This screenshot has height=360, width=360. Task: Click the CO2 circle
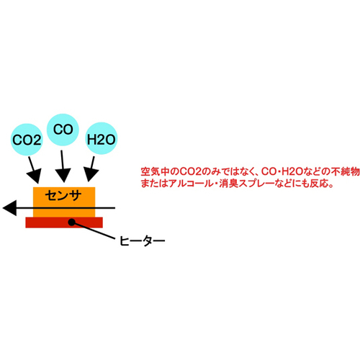point(27,140)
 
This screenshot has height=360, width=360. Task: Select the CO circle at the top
point(63,130)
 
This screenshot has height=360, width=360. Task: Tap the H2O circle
point(101,138)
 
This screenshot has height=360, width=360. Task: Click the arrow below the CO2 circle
point(34,170)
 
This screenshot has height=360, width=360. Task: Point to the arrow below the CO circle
point(63,166)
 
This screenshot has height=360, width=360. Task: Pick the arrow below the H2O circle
point(91,169)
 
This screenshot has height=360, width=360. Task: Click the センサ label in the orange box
point(63,196)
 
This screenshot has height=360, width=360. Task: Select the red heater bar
point(64,222)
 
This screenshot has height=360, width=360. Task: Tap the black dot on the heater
point(71,222)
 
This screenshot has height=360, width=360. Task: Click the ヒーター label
point(142,240)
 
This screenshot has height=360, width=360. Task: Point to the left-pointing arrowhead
point(9,208)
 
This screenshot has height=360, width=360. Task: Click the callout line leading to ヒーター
point(94,230)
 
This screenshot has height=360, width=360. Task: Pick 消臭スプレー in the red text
point(246,184)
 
